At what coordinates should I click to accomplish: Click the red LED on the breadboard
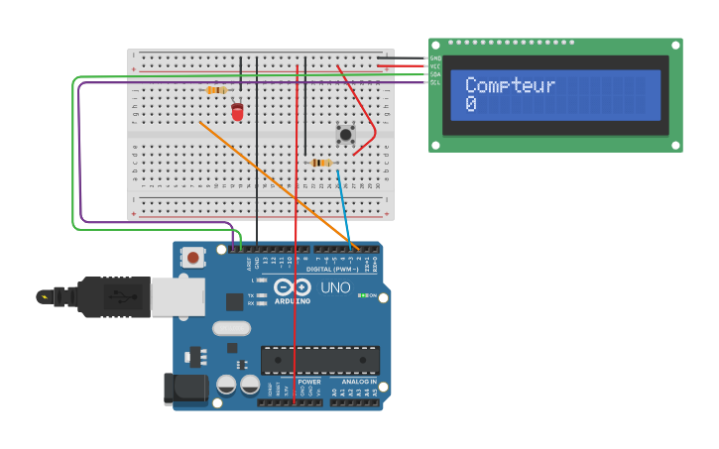[237, 111]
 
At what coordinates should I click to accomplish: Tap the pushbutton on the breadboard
[345, 134]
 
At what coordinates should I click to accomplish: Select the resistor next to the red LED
[216, 90]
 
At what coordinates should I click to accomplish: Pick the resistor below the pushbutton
[321, 163]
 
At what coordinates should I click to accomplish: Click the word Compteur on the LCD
[510, 86]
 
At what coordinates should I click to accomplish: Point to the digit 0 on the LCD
[471, 104]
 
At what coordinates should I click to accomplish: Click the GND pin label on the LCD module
[435, 58]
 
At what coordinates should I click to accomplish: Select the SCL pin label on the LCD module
[435, 82]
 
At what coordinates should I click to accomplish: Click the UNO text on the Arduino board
[336, 287]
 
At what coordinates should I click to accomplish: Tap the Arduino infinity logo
[293, 287]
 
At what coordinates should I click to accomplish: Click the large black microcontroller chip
[319, 359]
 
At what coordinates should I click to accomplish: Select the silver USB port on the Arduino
[178, 296]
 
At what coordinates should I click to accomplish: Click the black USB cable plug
[114, 296]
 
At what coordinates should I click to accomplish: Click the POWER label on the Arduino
[309, 382]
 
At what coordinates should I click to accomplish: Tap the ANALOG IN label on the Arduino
[359, 382]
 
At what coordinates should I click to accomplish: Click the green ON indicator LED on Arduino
[363, 295]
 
